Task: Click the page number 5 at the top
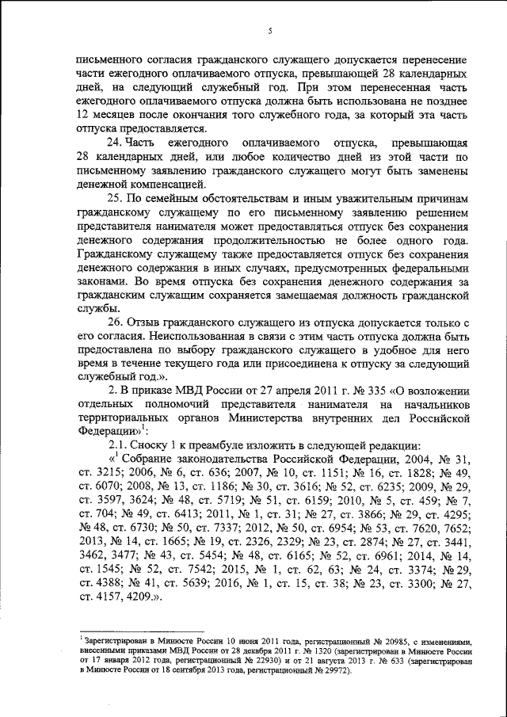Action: tap(270, 31)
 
